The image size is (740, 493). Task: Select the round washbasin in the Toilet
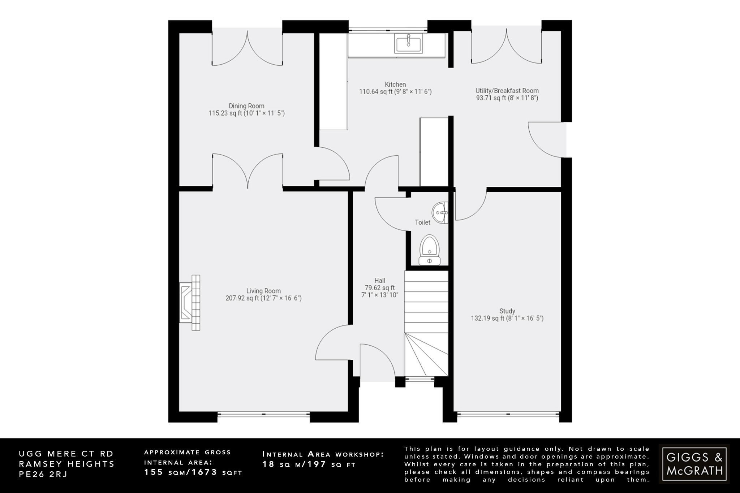[x=440, y=213]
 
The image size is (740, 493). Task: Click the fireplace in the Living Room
[x=190, y=303]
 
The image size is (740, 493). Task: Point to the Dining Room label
[x=246, y=106]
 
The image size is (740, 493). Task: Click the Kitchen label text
[x=395, y=85]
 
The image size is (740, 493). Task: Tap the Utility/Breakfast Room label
[x=507, y=91]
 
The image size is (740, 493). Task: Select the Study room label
[x=507, y=311]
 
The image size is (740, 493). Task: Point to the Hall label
[x=379, y=280]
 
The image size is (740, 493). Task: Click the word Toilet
[x=422, y=222]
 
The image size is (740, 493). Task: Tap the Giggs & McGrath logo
[x=694, y=464]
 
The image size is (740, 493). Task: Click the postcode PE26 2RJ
[x=43, y=474]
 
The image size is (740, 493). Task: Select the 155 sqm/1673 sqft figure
[x=193, y=472]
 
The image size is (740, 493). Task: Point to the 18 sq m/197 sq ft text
[x=309, y=464]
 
